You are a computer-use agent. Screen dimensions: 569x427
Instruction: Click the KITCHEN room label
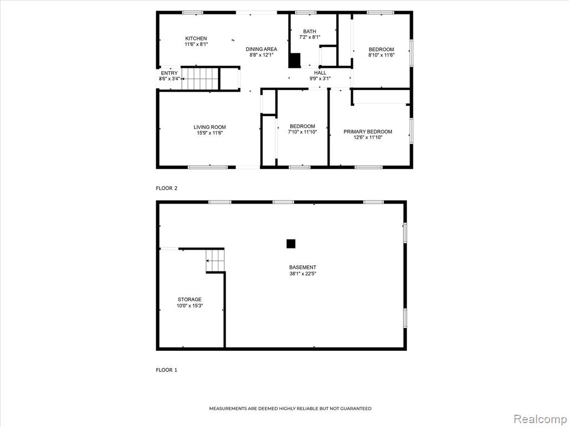point(196,38)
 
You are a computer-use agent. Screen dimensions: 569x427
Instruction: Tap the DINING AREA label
point(261,49)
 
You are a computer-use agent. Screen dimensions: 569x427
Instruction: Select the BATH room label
point(310,32)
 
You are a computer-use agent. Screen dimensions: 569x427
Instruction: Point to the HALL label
point(320,73)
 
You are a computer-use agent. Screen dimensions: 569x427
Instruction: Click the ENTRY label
point(169,73)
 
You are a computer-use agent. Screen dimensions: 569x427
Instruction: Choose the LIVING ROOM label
point(209,127)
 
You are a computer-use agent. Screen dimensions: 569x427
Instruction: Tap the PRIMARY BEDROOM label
point(368,131)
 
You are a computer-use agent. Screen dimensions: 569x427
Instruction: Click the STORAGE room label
point(189,300)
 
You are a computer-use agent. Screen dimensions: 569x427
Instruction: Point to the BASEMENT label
point(303,267)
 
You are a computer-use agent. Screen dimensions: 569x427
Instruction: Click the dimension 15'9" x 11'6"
point(209,133)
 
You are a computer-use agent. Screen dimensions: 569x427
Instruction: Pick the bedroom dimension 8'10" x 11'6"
point(381,55)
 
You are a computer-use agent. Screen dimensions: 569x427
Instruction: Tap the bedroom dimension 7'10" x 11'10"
point(302,132)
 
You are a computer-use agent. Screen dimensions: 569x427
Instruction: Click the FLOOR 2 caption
point(167,188)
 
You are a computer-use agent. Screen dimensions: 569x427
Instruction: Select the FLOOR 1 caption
point(167,370)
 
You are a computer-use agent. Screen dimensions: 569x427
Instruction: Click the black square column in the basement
point(291,244)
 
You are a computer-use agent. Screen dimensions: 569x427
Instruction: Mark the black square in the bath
point(295,60)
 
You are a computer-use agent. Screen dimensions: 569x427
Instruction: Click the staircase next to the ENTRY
point(200,78)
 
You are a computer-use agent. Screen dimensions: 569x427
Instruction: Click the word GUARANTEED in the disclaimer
point(356,409)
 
